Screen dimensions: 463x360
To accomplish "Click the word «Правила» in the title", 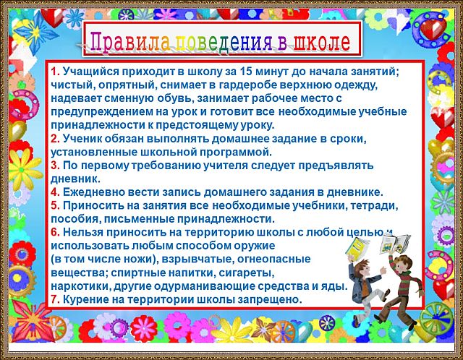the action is coord(130,41).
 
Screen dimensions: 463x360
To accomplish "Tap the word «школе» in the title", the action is coord(321,41).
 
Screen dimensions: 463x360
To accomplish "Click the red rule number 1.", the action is coord(55,72).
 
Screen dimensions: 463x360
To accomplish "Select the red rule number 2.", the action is coord(55,139).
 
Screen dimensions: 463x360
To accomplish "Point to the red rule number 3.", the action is coord(55,166).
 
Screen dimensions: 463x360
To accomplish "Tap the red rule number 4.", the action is coord(55,192).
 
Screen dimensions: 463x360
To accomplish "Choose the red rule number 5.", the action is coord(55,205).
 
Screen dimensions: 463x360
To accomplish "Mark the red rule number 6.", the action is coord(55,232).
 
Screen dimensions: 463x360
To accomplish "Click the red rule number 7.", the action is coord(55,299).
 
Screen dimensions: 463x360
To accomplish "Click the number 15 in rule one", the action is coord(246,72).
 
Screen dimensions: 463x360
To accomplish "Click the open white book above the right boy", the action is coord(395,243).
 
